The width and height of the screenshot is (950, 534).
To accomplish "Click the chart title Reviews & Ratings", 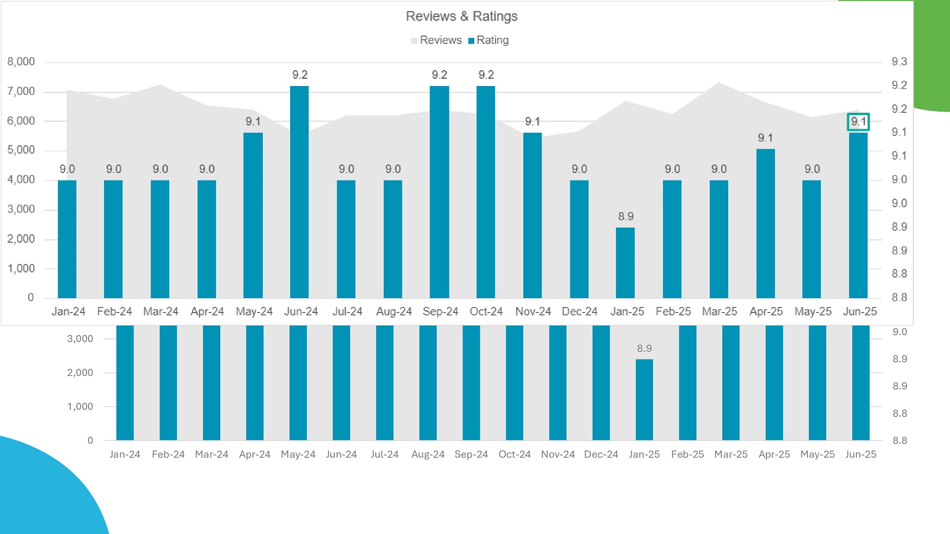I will pyautogui.click(x=461, y=16).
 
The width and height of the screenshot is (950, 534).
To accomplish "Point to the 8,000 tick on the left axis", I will pyautogui.click(x=21, y=62).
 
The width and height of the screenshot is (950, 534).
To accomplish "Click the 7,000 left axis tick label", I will pyautogui.click(x=21, y=91).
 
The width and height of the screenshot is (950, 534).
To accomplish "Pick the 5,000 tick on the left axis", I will pyautogui.click(x=21, y=150).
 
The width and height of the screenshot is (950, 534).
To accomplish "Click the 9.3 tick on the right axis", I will pyautogui.click(x=899, y=62).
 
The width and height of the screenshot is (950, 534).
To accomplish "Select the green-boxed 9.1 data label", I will pyautogui.click(x=858, y=122).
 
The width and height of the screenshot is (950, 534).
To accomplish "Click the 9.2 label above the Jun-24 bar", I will pyautogui.click(x=300, y=75).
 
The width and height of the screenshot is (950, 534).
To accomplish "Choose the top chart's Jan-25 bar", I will pyautogui.click(x=625, y=263).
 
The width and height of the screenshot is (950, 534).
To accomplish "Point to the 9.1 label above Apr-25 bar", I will pyautogui.click(x=765, y=138).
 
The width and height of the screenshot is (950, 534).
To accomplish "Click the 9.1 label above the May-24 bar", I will pyautogui.click(x=253, y=122).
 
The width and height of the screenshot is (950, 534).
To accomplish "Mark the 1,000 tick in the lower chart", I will pyautogui.click(x=80, y=406).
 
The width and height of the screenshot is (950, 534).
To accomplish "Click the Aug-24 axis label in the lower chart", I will pyautogui.click(x=428, y=454).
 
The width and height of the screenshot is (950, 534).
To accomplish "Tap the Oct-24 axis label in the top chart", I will pyautogui.click(x=486, y=311).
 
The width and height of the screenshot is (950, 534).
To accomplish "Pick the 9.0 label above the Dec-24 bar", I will pyautogui.click(x=579, y=169).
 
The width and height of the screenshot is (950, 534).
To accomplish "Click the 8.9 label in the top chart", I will pyautogui.click(x=625, y=217).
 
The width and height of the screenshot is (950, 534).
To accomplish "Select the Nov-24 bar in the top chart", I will pyautogui.click(x=532, y=215).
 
